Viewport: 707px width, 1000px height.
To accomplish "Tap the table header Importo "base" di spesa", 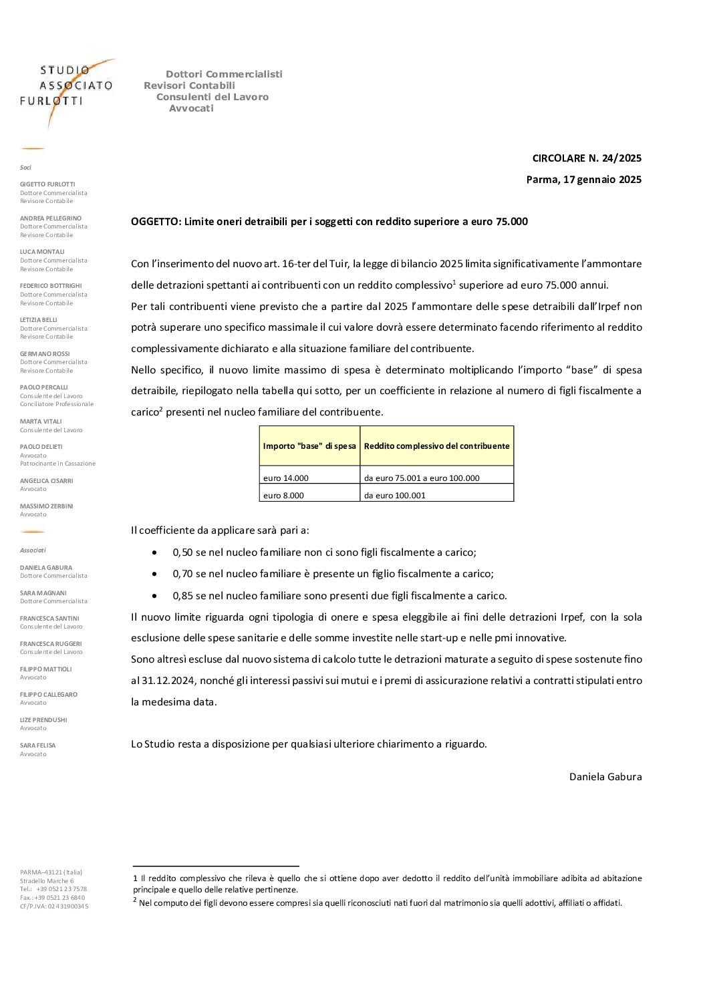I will coord(309,446).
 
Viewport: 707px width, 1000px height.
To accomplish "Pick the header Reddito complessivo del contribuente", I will coord(436,446).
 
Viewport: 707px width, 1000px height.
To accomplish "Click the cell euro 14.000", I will coord(286,478).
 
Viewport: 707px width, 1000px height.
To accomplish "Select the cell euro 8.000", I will coord(283,496).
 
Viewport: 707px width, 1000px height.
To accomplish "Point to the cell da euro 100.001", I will coord(395,496).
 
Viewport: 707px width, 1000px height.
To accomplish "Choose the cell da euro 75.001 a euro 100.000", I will coord(422,478).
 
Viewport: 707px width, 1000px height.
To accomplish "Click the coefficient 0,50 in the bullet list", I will coord(182,552).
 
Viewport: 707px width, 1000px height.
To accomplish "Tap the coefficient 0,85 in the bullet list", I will coord(182,596).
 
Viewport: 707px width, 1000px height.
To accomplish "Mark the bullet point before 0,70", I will coord(155,574).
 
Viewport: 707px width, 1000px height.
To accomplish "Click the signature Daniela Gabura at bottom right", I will coord(605,776).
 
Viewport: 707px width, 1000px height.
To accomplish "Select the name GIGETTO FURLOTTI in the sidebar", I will coord(47,184).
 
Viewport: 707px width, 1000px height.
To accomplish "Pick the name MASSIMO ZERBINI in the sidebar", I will coord(47,506).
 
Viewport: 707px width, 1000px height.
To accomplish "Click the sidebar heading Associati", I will coord(33,550).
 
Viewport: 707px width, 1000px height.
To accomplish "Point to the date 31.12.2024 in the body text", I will coord(168,681).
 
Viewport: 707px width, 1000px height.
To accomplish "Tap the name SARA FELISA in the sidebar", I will coord(38,745).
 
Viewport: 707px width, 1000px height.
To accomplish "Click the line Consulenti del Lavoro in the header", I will coord(213,97).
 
